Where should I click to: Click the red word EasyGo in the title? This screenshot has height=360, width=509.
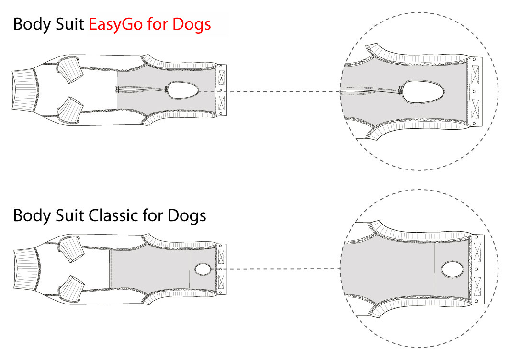tap(115, 25)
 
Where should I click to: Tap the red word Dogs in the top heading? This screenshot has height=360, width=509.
tap(192, 25)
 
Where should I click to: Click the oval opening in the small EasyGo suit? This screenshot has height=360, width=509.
tap(183, 90)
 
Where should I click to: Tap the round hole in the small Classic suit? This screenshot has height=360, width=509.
tap(203, 270)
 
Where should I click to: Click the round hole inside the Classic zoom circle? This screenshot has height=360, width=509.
tap(452, 270)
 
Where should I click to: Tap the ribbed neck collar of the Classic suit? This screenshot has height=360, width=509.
tap(27, 269)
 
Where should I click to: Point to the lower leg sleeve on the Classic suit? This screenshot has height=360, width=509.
tap(71, 289)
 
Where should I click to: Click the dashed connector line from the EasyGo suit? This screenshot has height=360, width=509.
tap(270, 92)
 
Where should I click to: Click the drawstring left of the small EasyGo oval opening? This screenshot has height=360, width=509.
tap(142, 90)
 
